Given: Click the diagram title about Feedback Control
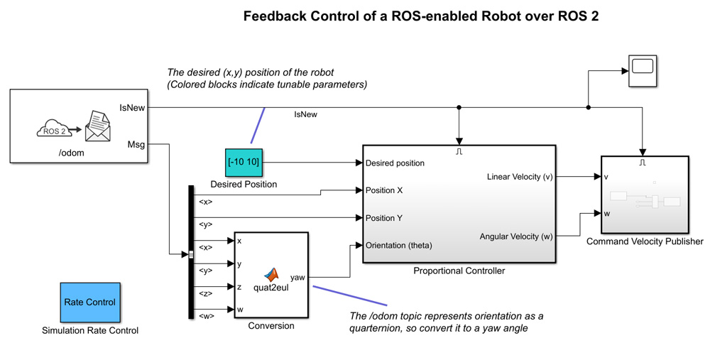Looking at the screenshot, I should (x=421, y=16).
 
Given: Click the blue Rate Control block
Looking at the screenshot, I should (x=89, y=302).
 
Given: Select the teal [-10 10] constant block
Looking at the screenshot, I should (x=244, y=163).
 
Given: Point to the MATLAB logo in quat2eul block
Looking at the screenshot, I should (x=272, y=275).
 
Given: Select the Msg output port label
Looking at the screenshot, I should (x=136, y=145).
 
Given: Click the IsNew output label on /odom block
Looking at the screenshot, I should (x=132, y=108).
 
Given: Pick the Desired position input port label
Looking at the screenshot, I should (x=395, y=163).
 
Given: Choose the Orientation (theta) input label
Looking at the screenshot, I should (x=398, y=246).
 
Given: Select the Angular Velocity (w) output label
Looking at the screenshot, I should (x=516, y=236).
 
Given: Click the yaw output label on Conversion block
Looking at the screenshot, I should (x=297, y=278).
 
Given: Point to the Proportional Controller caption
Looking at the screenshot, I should (x=459, y=271).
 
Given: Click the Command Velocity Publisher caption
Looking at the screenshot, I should (x=645, y=241).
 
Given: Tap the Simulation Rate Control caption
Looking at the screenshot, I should (x=90, y=330).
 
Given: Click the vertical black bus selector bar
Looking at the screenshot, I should (x=191, y=252).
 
